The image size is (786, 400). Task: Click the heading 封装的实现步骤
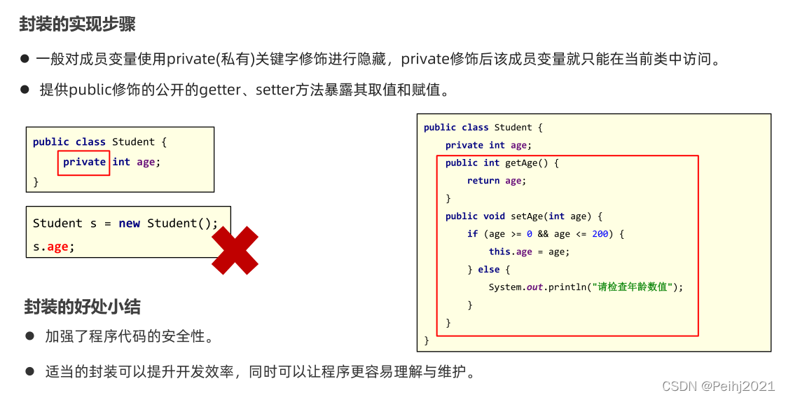coord(77,25)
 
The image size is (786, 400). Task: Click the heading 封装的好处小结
coord(82,306)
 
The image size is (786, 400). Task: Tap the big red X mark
coord(235,250)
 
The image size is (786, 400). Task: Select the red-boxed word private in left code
coord(84,162)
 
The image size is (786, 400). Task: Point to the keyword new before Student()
coord(129,223)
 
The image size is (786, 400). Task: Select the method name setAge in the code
coord(525,216)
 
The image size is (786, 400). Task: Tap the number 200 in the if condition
coord(600,234)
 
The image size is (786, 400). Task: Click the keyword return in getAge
coord(483,181)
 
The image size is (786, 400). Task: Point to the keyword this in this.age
coord(499,251)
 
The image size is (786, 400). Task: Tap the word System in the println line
coord(505,287)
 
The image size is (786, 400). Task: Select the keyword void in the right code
coord(494,216)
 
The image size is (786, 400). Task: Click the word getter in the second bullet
coord(220,90)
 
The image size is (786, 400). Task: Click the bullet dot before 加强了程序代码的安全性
coord(30,336)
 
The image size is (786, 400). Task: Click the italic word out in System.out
coord(535,287)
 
